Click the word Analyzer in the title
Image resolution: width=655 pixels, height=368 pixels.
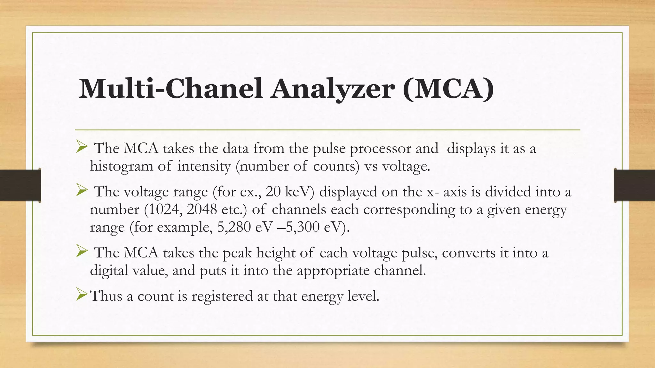333,89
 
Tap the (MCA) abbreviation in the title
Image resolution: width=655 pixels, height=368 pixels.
449,89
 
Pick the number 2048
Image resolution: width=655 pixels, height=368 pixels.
202,210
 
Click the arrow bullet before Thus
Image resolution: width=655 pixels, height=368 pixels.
82,295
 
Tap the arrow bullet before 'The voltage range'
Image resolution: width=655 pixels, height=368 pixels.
82,191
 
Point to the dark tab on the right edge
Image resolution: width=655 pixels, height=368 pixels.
635,185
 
